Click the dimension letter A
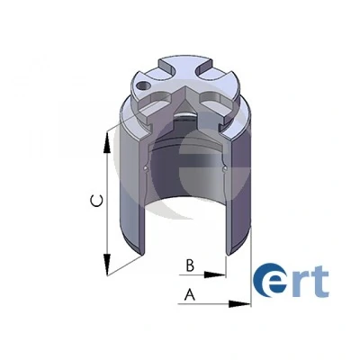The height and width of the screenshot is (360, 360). point(190,294)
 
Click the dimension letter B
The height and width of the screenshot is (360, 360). point(190,265)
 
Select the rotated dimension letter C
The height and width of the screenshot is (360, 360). point(97,201)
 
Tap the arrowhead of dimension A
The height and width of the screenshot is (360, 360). point(239,304)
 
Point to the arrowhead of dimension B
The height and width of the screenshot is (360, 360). point(215,274)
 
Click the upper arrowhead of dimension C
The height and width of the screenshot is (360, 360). point(107,143)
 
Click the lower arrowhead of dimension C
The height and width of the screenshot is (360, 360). point(107,265)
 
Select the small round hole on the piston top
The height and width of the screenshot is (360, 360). point(143,85)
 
